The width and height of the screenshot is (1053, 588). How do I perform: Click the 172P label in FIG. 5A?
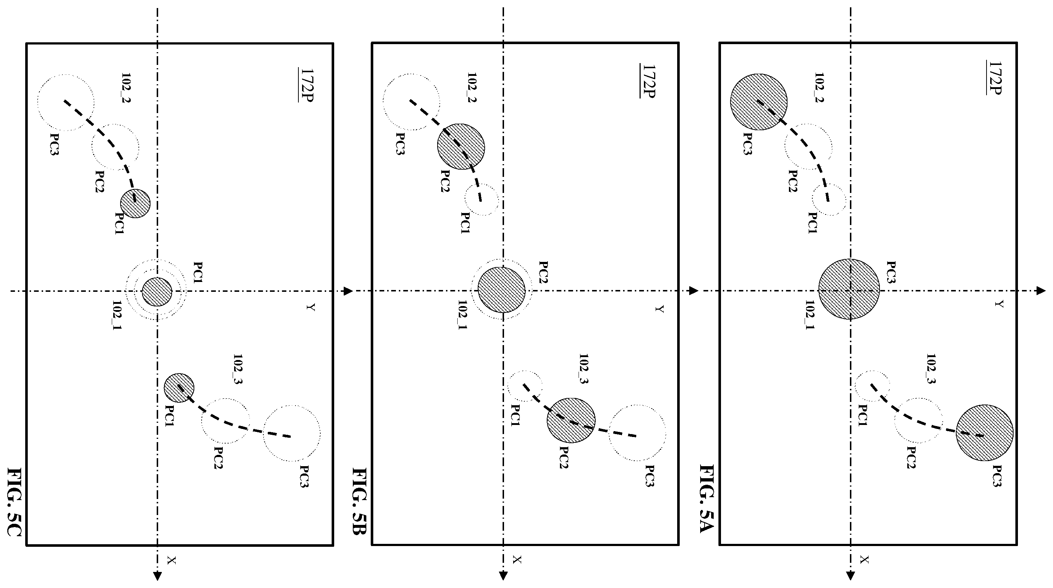click(x=994, y=78)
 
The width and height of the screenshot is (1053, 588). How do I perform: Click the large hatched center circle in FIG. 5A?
click(x=850, y=289)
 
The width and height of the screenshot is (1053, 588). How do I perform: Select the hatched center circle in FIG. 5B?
click(x=502, y=290)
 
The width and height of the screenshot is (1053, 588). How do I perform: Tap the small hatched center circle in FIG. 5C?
click(x=157, y=291)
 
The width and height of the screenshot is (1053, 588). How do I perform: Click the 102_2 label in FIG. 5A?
click(x=819, y=88)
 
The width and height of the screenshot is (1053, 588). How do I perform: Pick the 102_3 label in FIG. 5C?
click(x=238, y=369)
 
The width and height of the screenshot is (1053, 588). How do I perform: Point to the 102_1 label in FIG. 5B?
click(x=462, y=315)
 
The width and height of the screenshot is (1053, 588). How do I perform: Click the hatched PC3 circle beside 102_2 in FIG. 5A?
click(x=759, y=102)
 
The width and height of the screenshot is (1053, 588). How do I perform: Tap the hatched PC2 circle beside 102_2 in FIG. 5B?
click(x=461, y=147)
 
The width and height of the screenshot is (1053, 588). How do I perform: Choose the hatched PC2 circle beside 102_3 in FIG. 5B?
click(x=571, y=421)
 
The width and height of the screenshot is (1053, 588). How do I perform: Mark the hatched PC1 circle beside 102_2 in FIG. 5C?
click(x=135, y=203)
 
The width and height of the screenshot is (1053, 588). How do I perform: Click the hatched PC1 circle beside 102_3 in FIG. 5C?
click(x=179, y=388)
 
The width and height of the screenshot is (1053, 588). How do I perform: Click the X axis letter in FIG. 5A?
click(x=864, y=560)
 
